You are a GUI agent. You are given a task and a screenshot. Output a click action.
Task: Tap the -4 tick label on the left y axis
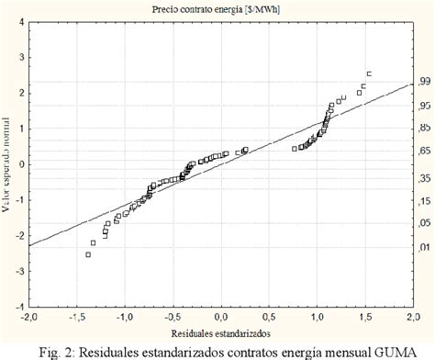pyautogui.click(x=17, y=307)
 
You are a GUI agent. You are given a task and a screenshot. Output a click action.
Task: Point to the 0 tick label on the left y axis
pyautogui.click(x=19, y=165)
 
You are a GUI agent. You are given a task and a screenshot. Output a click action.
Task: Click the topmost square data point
pyautogui.click(x=369, y=73)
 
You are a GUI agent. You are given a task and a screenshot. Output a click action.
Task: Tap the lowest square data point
pyautogui.click(x=88, y=254)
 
